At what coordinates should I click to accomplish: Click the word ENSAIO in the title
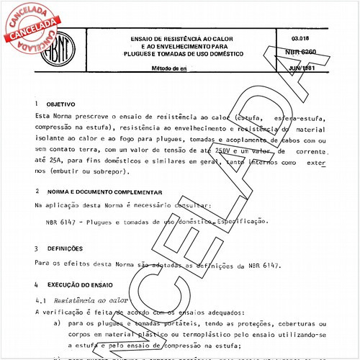tap(143, 37)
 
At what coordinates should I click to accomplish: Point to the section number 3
tap(37, 248)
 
